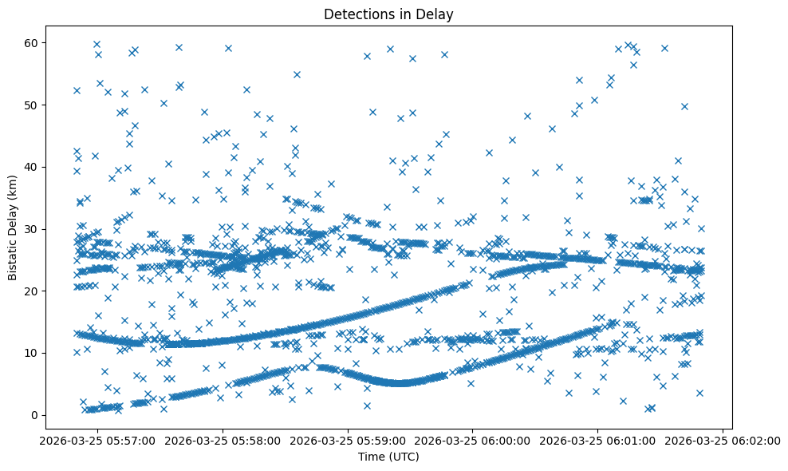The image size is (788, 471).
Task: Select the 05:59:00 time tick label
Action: [348, 441]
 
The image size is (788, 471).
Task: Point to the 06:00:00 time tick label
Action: [473, 441]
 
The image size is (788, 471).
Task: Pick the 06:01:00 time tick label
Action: [598, 441]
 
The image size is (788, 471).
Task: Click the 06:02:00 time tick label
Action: [723, 441]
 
